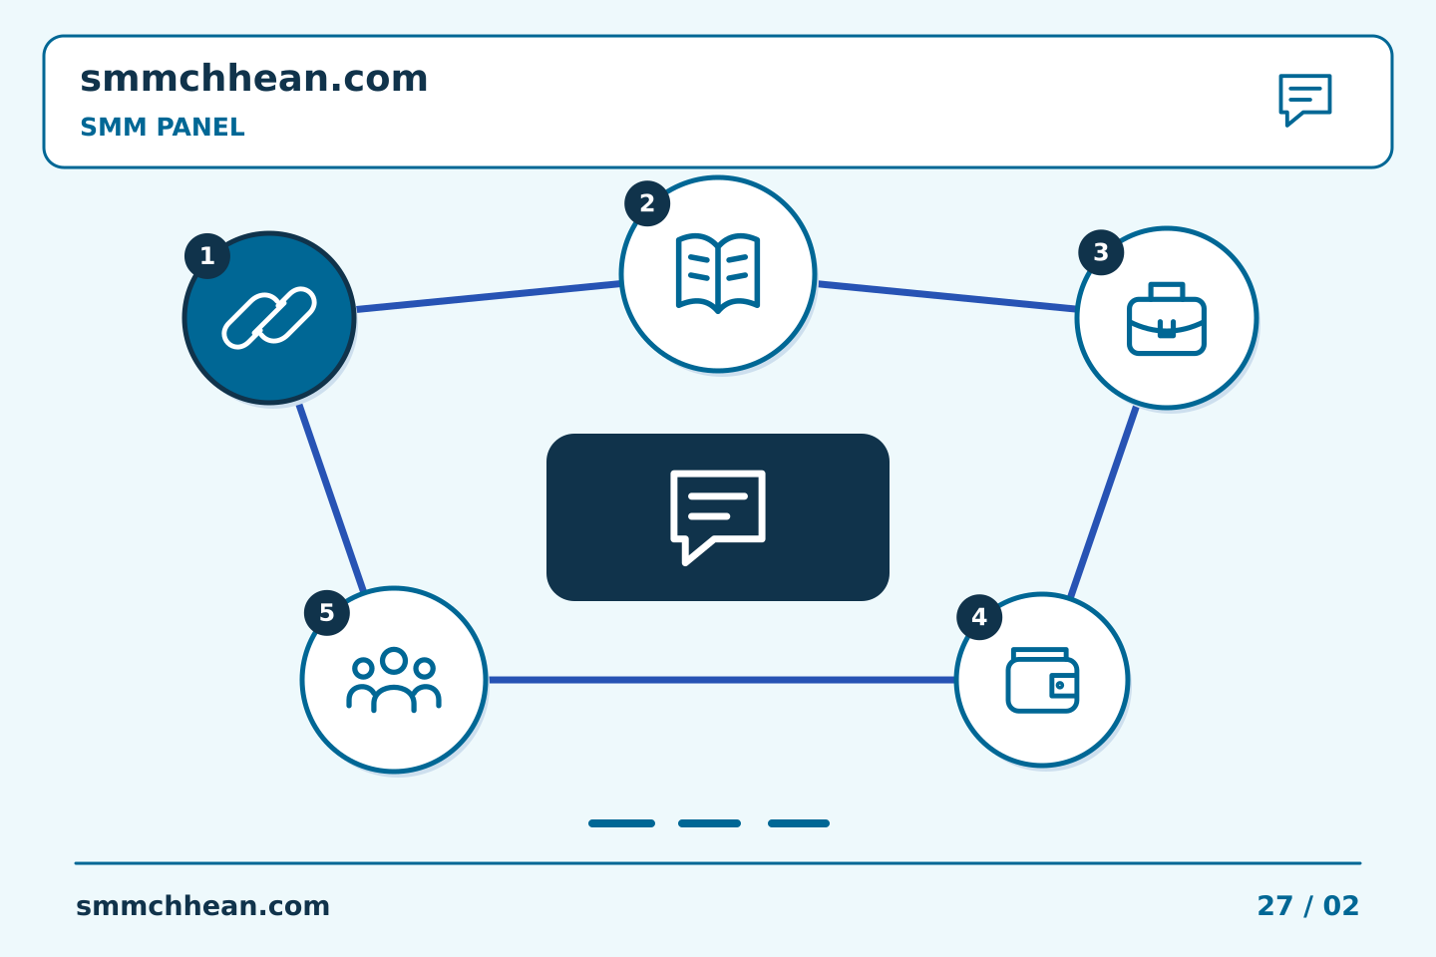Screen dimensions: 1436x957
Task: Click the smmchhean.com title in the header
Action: pyautogui.click(x=253, y=78)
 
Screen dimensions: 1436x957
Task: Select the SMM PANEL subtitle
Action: pyautogui.click(x=163, y=127)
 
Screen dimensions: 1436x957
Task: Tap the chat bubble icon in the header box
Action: pyautogui.click(x=1305, y=100)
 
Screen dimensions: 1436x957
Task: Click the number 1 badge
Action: pyautogui.click(x=207, y=256)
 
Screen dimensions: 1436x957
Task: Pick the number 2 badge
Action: pyautogui.click(x=647, y=203)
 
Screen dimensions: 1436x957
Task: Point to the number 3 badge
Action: pyautogui.click(x=1101, y=252)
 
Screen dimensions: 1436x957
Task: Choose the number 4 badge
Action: pyautogui.click(x=979, y=617)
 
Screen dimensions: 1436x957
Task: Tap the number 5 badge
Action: pyautogui.click(x=326, y=613)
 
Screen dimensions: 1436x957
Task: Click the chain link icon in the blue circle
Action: pyautogui.click(x=269, y=318)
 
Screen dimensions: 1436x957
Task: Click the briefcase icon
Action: pyautogui.click(x=1167, y=319)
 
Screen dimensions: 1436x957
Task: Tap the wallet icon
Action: pyautogui.click(x=1042, y=680)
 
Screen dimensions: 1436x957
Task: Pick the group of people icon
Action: pyautogui.click(x=394, y=680)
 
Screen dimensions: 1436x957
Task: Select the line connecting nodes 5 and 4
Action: pyautogui.click(x=721, y=680)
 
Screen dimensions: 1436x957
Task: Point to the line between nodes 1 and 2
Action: pyautogui.click(x=488, y=297)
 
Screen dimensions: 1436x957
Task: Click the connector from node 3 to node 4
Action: pyautogui.click(x=1103, y=501)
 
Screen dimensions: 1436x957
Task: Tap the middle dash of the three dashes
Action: pyautogui.click(x=710, y=823)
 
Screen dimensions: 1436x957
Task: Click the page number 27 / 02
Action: pyautogui.click(x=1307, y=906)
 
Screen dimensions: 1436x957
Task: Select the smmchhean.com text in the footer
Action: pyautogui.click(x=202, y=906)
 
